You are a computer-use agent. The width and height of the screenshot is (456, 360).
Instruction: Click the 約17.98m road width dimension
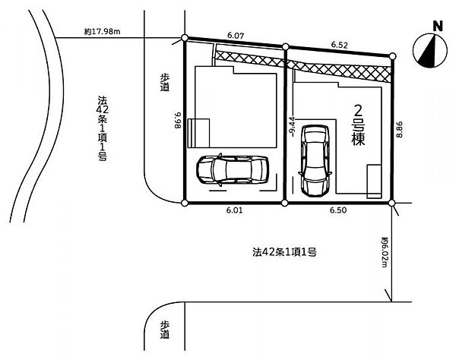(102, 31)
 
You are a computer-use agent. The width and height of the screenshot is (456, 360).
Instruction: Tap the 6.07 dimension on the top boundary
(236, 36)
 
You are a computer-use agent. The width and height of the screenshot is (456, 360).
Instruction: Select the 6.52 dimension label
(340, 45)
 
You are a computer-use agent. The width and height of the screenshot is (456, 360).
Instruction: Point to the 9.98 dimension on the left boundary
(178, 120)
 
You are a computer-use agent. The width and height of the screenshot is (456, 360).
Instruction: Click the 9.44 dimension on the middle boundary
(293, 126)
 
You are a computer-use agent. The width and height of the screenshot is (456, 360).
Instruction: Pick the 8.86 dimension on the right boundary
(400, 130)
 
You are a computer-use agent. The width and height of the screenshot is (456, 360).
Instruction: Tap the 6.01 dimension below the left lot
(234, 210)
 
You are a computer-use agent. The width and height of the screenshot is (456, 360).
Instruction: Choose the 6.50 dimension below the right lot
(338, 210)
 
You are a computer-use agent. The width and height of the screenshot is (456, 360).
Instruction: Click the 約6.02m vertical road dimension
(385, 252)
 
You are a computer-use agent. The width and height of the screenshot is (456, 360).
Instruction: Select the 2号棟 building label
(358, 125)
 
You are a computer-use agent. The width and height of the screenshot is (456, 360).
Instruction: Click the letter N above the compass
(438, 27)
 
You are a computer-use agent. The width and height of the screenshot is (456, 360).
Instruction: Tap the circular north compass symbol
(430, 51)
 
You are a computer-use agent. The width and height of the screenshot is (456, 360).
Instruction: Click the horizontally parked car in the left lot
(233, 170)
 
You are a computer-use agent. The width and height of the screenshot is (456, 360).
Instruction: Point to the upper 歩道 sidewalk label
(165, 82)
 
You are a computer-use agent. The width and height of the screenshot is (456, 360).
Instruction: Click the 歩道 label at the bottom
(165, 330)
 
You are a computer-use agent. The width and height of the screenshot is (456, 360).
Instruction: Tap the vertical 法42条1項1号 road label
(103, 128)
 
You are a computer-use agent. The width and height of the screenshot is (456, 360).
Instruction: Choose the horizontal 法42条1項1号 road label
(284, 252)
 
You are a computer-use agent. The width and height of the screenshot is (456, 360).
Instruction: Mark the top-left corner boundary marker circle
(185, 38)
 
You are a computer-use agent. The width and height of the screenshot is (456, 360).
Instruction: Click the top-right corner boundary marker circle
(393, 56)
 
